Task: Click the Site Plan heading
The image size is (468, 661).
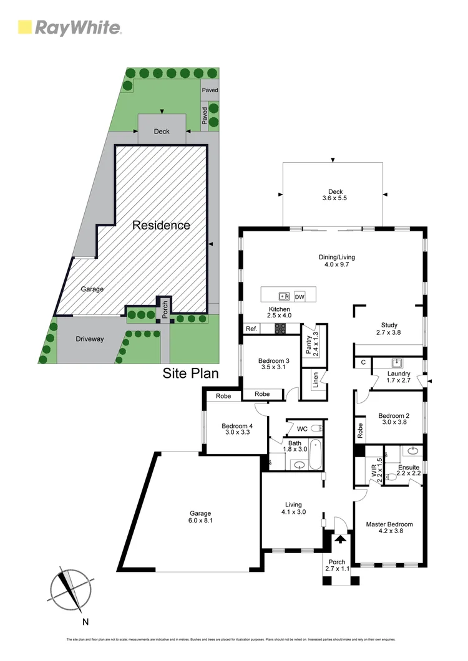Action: coord(190,374)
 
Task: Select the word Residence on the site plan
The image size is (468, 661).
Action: coord(161,225)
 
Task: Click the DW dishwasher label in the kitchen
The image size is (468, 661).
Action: coord(300,297)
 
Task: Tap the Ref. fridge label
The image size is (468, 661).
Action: coord(251,329)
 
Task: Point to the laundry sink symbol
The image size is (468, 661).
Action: coord(396,362)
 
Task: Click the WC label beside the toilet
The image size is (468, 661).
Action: coord(302,429)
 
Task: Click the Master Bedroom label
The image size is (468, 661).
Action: coord(389,524)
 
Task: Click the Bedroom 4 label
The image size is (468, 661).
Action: coord(235,427)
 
